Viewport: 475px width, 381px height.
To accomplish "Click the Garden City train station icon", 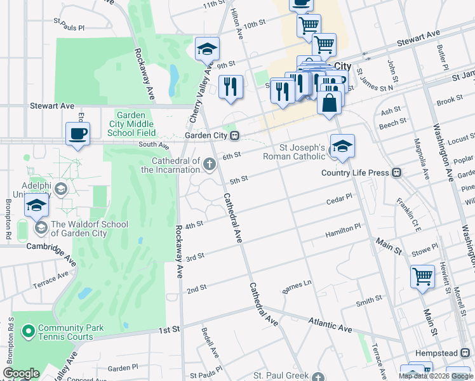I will click(235, 135).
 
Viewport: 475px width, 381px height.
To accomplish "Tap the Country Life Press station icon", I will click(397, 173).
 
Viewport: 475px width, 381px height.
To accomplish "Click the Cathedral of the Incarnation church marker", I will click(209, 165).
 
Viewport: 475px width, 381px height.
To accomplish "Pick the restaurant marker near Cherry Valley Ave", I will click(231, 87).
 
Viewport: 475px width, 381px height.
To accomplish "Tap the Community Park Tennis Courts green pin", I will click(28, 331).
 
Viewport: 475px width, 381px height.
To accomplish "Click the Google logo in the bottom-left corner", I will click(21, 373).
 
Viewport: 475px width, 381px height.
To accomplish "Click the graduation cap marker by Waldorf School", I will click(37, 206).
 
